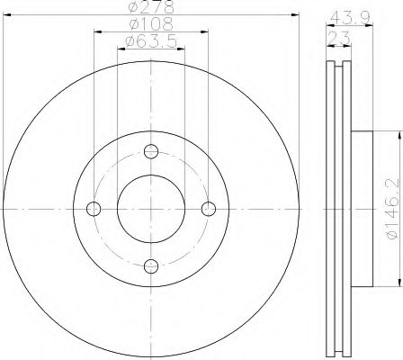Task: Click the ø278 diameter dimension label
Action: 150,9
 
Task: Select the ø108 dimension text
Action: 149,25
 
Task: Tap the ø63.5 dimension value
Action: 150,41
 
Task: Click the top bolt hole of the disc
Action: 151,150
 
